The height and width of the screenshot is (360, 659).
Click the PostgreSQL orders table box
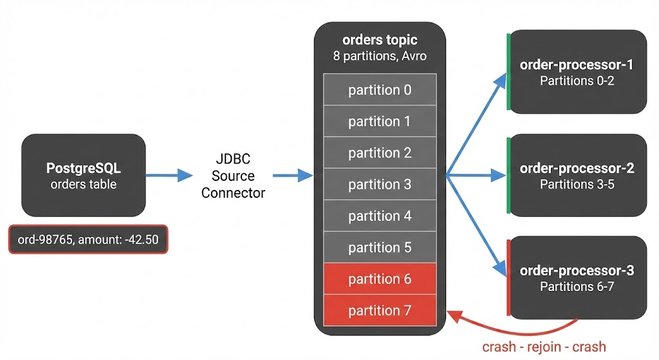(x=84, y=176)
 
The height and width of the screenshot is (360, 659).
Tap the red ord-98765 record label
(x=88, y=240)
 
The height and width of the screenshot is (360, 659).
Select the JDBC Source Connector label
(x=232, y=176)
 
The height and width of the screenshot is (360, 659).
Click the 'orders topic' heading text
(x=380, y=41)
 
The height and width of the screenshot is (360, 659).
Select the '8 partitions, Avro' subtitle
(x=380, y=56)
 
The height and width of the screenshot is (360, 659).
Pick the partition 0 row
(x=380, y=90)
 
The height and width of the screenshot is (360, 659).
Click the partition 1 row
(x=380, y=122)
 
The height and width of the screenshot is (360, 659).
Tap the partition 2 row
(x=380, y=153)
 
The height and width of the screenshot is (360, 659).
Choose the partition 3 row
(x=380, y=185)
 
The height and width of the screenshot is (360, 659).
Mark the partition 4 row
(x=380, y=216)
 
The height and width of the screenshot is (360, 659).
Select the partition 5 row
(x=380, y=248)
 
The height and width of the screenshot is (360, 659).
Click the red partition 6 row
(x=380, y=279)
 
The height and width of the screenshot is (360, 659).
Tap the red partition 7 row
(x=380, y=311)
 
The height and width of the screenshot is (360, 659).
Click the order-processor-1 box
(x=577, y=72)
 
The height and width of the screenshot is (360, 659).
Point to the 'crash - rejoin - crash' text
(x=544, y=346)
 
